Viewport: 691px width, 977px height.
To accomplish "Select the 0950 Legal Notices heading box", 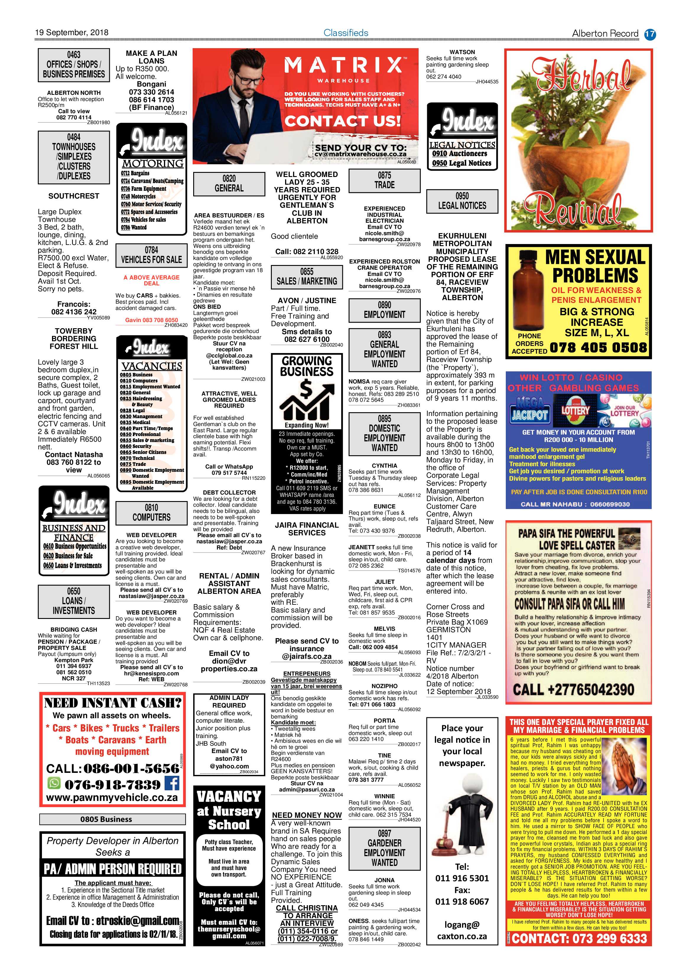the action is click(x=462, y=201).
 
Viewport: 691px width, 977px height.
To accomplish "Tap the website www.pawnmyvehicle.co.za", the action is click(x=112, y=797).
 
